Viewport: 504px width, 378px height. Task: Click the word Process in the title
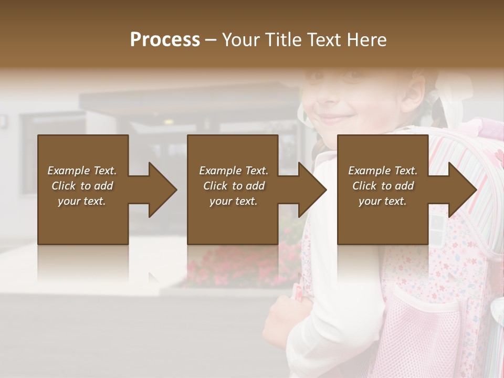(x=165, y=40)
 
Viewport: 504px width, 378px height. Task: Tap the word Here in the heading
(x=367, y=40)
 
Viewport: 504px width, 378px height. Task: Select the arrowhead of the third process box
(x=462, y=190)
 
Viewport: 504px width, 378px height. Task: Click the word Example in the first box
(x=69, y=171)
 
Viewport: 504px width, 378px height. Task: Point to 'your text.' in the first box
(x=82, y=201)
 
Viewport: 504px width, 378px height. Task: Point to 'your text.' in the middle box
(x=233, y=201)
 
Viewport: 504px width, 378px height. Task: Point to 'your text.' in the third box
(x=382, y=201)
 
